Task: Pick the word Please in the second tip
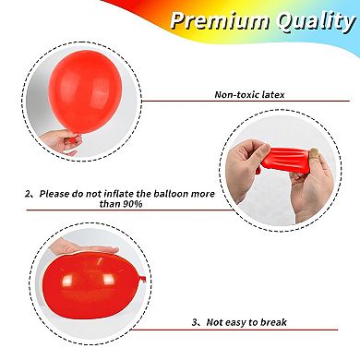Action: [54, 196]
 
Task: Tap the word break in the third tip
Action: [271, 322]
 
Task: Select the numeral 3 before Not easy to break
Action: [194, 322]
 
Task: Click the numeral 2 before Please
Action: [29, 196]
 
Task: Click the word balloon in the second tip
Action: [185, 196]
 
